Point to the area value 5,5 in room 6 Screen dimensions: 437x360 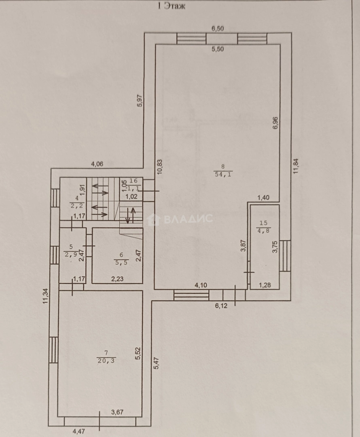pyautogui.click(x=120, y=262)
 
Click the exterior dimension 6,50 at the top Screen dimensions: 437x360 pyautogui.click(x=218, y=28)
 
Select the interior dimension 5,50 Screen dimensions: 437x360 pyautogui.click(x=218, y=49)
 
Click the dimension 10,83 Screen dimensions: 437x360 pyautogui.click(x=160, y=167)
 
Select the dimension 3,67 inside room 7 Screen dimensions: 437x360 pyautogui.click(x=117, y=413)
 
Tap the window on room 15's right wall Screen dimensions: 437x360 pyautogui.click(x=285, y=256)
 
